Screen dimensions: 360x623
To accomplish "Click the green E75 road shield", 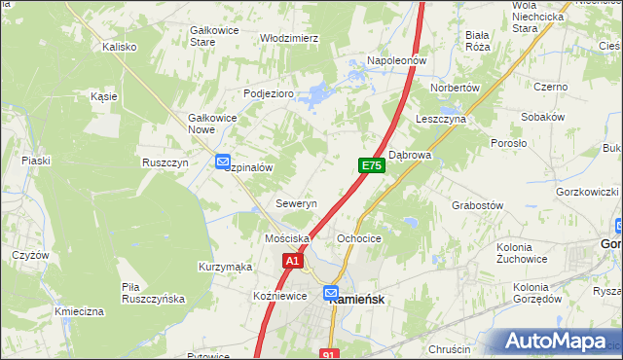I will pos(371,166).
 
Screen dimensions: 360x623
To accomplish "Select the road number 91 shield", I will pos(330,355).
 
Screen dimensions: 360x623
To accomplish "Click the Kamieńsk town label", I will pos(361,301).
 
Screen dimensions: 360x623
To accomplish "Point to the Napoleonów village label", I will pos(397,60).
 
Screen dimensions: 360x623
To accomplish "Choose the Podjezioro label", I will pos(268,93).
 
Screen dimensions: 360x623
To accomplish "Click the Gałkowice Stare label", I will pos(216,36).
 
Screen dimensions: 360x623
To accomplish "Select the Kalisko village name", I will pos(119,46).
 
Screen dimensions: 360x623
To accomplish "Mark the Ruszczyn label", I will pos(165,163).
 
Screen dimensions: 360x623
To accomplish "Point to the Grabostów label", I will pos(477,206).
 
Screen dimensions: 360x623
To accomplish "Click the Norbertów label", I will pos(457,88).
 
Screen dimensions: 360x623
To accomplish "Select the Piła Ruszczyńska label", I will pos(153,293).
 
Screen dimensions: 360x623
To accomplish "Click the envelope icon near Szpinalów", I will pos(223,162).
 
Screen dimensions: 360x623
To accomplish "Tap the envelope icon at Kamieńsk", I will pos(331,292).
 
